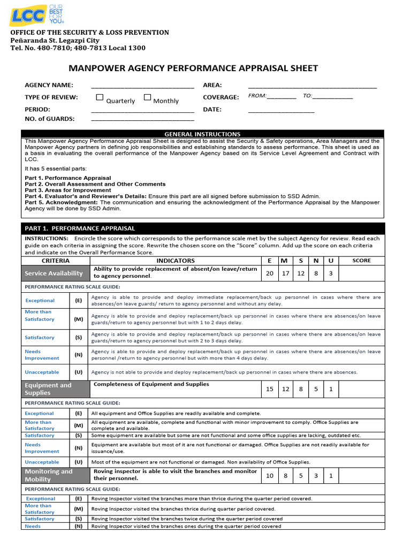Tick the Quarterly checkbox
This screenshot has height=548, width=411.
click(x=100, y=97)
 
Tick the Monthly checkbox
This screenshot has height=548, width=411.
click(x=148, y=97)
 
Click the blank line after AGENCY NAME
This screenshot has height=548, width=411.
click(x=142, y=86)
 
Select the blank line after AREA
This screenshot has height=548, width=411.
click(x=312, y=86)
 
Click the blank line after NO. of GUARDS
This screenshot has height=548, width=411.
click(x=142, y=120)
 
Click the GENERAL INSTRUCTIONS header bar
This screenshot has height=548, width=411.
click(x=202, y=134)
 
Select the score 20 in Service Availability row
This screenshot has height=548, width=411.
click(x=269, y=273)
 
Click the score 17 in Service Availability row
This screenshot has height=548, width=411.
click(x=285, y=273)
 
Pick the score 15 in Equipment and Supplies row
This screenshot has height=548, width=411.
click(x=269, y=389)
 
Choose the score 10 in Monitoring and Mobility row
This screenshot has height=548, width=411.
click(x=269, y=475)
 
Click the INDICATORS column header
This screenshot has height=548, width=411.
click(x=176, y=261)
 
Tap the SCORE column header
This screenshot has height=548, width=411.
click(x=361, y=261)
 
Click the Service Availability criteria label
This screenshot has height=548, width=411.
click(x=54, y=273)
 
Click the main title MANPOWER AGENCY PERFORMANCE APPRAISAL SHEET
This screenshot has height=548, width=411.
click(x=194, y=68)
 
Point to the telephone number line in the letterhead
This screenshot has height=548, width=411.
click(x=78, y=48)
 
